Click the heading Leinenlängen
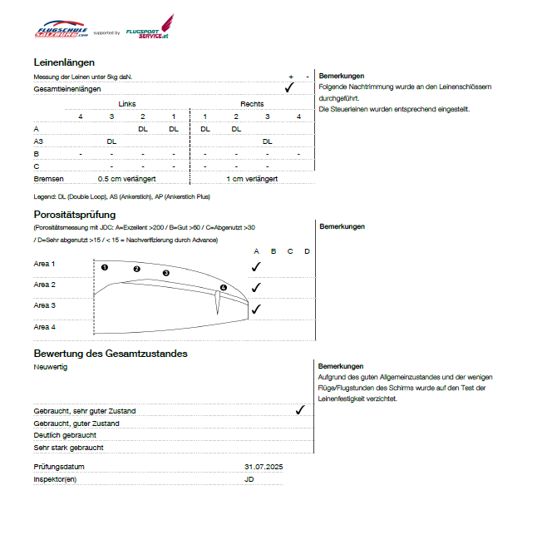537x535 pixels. pyautogui.click(x=64, y=62)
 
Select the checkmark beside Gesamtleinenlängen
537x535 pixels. pyautogui.click(x=289, y=87)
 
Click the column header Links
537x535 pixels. pyautogui.click(x=126, y=104)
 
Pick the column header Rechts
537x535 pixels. pyautogui.click(x=252, y=104)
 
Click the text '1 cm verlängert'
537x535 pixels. pyautogui.click(x=252, y=179)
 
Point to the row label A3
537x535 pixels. pyautogui.click(x=38, y=141)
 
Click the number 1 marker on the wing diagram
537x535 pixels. pyautogui.click(x=105, y=267)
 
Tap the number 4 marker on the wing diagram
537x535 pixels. pyautogui.click(x=223, y=288)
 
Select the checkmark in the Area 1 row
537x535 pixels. pyautogui.click(x=256, y=266)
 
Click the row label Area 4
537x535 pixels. pyautogui.click(x=45, y=327)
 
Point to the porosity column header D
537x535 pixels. pyautogui.click(x=307, y=250)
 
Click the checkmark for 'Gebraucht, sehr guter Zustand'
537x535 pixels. pyautogui.click(x=299, y=410)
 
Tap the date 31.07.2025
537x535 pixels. pyautogui.click(x=264, y=468)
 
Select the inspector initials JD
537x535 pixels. pyautogui.click(x=249, y=479)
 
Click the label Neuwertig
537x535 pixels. pyautogui.click(x=51, y=366)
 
